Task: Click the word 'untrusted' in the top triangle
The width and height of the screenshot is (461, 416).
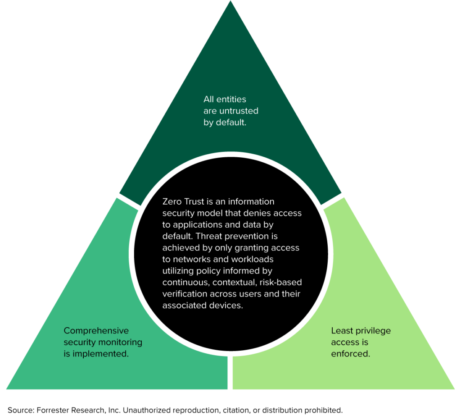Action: coord(239,111)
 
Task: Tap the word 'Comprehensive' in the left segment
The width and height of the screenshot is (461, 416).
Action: coord(96,331)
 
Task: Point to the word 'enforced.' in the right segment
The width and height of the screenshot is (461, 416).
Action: coord(350,354)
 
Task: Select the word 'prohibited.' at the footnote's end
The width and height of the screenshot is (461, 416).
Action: coord(323,410)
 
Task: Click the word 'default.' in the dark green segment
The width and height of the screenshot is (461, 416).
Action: coord(231,123)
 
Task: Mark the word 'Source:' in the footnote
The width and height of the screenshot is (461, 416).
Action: coord(19,410)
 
